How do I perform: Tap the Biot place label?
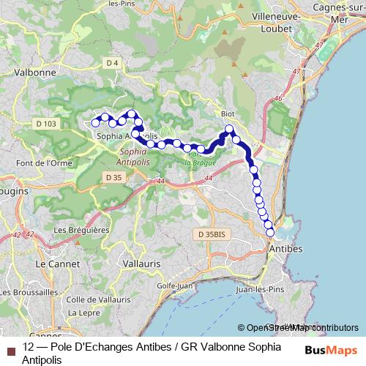(228, 114)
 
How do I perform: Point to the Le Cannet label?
(56, 262)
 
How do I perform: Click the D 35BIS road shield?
(212, 234)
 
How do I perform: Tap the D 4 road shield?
(112, 63)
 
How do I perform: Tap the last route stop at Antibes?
(271, 233)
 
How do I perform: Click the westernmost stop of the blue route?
(95, 122)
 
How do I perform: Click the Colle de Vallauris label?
(98, 299)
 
